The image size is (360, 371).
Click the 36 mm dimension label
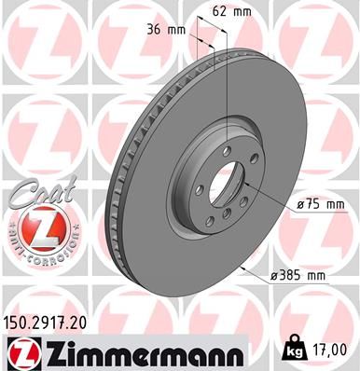pos(166,29)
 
